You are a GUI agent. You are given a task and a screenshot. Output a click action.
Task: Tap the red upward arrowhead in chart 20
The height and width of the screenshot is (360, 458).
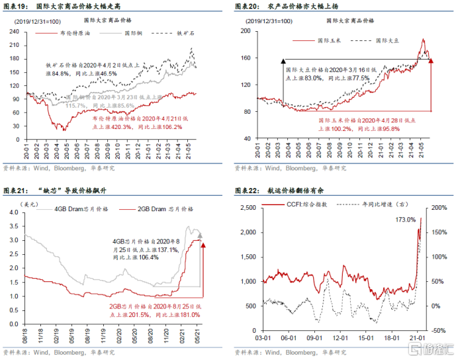coord(432,61)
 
